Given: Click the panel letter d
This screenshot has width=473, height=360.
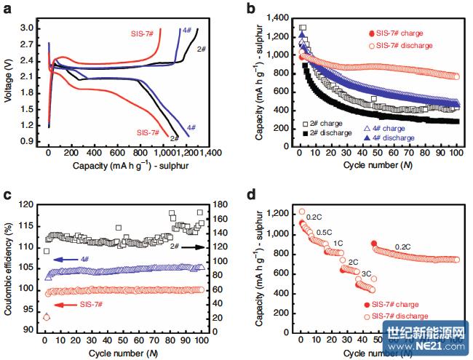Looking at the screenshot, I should [x=251, y=195].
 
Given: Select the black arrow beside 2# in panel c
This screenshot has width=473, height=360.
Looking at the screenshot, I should [x=194, y=247].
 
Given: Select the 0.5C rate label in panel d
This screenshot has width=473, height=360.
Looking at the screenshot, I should [x=325, y=232].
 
